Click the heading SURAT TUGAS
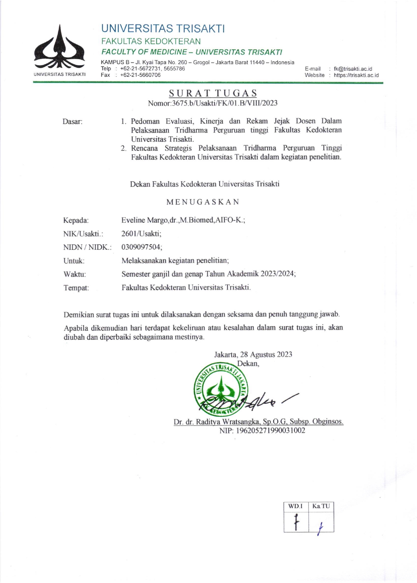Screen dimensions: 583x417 click(213, 93)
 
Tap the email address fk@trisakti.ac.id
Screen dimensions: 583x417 click(353, 69)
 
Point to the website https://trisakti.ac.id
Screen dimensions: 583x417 click(356, 75)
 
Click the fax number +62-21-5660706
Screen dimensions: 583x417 click(140, 75)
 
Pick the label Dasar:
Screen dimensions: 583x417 click(72, 122)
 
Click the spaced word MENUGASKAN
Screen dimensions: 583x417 click(203, 202)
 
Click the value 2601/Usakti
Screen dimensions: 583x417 click(141, 234)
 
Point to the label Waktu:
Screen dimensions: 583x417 click(74, 274)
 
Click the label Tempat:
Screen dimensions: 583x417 click(76, 288)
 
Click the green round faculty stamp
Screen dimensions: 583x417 click(221, 389)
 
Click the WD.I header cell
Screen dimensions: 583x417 click(296, 506)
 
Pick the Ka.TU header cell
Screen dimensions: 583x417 click(321, 506)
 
